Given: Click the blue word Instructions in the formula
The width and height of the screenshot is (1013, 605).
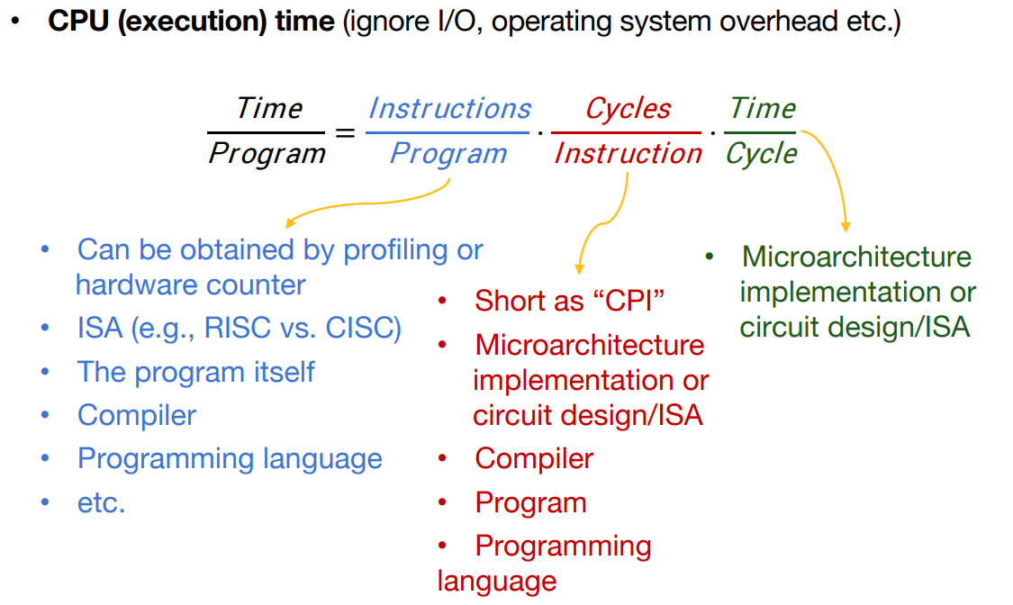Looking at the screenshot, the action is (449, 108).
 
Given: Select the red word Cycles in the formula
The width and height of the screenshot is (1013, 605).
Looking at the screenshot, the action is (628, 108).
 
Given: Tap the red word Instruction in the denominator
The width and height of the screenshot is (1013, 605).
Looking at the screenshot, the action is (628, 154).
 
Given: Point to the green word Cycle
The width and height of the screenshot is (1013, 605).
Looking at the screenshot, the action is (761, 155).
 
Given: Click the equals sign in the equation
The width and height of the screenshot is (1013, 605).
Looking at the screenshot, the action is (345, 133).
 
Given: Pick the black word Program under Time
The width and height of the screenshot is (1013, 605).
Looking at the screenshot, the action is (267, 155).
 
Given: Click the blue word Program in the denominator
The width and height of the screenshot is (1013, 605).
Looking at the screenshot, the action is (448, 155).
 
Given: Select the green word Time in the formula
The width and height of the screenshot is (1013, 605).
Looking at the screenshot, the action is (763, 108).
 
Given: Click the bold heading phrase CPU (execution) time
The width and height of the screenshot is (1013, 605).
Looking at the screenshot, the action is (191, 22).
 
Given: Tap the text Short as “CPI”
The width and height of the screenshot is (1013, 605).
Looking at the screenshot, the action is (569, 301).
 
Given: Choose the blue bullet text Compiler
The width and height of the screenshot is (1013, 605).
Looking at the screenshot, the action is (137, 415).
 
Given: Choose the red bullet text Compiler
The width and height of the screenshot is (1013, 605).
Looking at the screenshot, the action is (534, 459).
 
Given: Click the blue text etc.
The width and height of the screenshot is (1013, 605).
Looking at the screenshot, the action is (102, 503).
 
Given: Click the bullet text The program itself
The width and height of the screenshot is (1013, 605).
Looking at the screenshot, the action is (195, 372).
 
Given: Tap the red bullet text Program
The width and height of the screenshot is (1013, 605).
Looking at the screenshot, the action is (530, 503).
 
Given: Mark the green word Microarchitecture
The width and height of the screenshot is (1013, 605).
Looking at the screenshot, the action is (856, 257).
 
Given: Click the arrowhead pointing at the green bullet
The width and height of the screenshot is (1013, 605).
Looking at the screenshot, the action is (846, 227).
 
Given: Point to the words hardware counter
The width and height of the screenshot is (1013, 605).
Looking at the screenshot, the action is (191, 284).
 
